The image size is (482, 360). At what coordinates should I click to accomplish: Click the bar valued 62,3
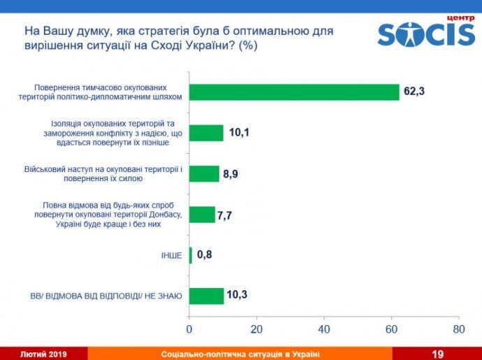(x=294, y=92)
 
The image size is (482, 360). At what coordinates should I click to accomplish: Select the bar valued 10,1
(x=206, y=133)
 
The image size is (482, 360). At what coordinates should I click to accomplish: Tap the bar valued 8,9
(x=204, y=173)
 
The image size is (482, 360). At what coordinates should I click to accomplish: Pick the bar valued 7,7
(x=202, y=215)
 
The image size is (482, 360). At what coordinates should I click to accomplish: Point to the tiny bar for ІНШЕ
(x=190, y=255)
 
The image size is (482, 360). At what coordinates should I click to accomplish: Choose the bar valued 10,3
(x=206, y=296)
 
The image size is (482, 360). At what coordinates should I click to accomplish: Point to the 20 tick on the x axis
(x=256, y=329)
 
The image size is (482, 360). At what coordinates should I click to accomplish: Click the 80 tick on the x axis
(x=458, y=329)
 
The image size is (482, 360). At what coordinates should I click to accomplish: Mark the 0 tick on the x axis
(x=189, y=329)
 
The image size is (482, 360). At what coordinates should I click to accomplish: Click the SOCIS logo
(x=426, y=35)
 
